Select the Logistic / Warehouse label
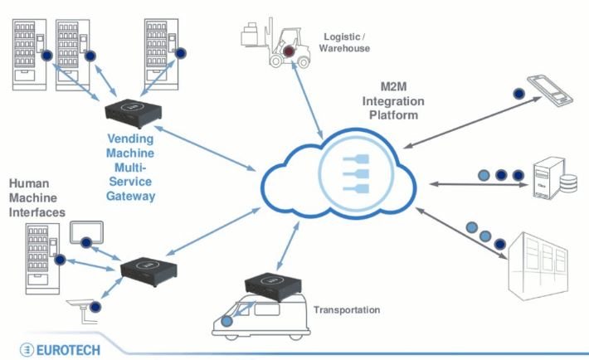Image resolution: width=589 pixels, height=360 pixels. tap(344, 41)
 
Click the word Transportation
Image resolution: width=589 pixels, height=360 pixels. tap(347, 310)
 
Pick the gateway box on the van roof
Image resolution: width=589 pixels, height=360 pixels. tap(270, 288)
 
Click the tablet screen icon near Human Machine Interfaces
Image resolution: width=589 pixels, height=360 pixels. tap(86, 234)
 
